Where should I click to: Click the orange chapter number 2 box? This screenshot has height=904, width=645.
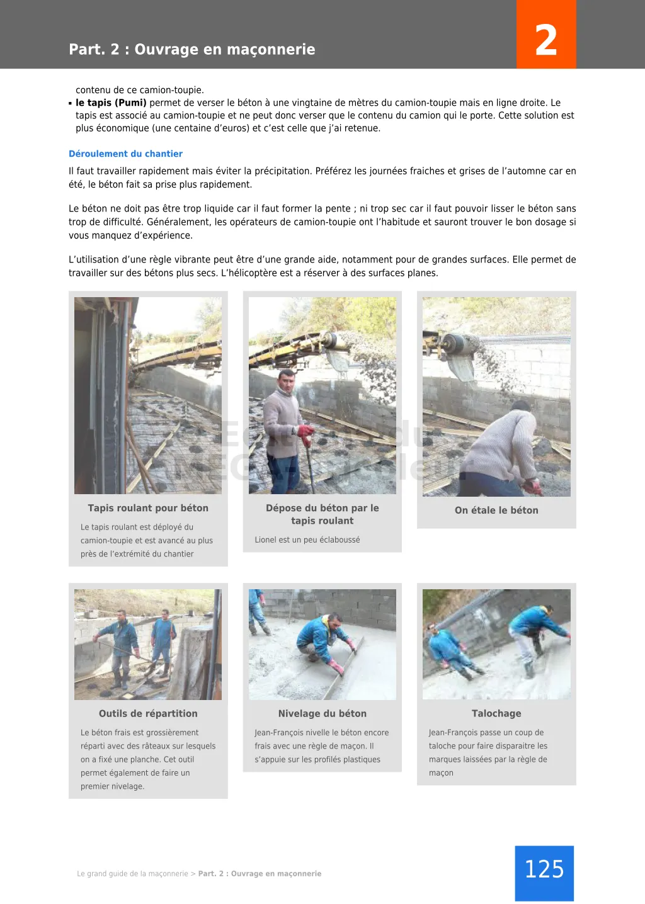click(x=545, y=35)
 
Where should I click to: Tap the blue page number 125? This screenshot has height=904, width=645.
click(x=544, y=872)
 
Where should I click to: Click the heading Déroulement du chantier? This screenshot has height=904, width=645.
click(x=125, y=154)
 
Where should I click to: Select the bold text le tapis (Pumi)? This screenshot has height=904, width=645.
click(x=111, y=103)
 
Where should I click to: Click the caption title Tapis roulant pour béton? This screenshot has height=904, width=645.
click(x=148, y=508)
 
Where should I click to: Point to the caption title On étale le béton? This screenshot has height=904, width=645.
click(x=496, y=511)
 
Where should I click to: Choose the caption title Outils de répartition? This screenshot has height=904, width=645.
click(x=148, y=713)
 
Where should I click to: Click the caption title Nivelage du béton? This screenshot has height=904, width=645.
click(x=322, y=713)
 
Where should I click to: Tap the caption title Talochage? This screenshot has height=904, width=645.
click(x=496, y=713)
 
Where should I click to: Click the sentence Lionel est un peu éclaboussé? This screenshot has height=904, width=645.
click(x=307, y=540)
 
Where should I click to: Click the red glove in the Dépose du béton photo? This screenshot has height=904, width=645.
click(x=306, y=432)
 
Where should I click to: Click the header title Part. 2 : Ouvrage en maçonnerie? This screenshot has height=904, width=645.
click(x=192, y=49)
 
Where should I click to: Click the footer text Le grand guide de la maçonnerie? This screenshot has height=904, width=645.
click(x=132, y=874)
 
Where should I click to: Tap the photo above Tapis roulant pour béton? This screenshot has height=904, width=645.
click(x=148, y=395)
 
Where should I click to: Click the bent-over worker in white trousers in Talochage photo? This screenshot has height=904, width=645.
click(x=534, y=633)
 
